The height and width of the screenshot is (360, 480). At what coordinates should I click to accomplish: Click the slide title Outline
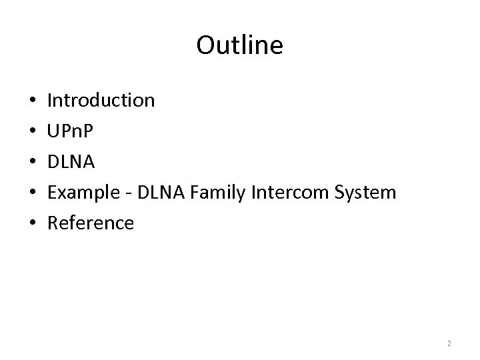coord(240,45)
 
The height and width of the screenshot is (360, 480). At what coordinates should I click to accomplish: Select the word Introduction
coord(101,101)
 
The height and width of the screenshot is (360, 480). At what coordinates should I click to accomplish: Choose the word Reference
coord(91,223)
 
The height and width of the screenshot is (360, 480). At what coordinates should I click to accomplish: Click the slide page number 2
coord(449,343)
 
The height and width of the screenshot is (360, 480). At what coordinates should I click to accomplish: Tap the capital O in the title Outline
coord(205,45)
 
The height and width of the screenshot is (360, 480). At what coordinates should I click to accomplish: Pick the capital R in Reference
coord(53,223)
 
